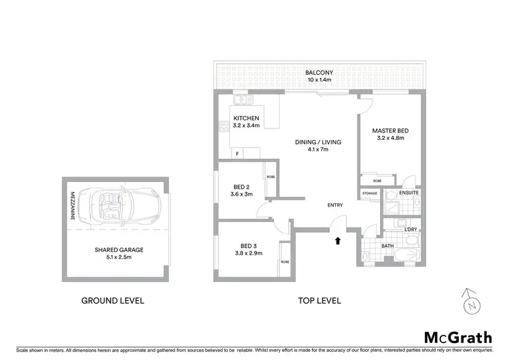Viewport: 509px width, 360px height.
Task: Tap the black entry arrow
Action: [337, 239]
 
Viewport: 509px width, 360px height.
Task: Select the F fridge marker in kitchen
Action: [237, 154]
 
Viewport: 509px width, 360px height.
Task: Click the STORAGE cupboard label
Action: [369, 194]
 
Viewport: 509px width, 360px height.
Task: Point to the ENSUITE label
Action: [409, 193]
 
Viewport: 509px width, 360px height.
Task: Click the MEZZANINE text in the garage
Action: [72, 204]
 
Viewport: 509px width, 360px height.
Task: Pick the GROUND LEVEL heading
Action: [113, 300]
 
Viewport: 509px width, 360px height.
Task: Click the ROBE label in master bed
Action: [377, 181]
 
